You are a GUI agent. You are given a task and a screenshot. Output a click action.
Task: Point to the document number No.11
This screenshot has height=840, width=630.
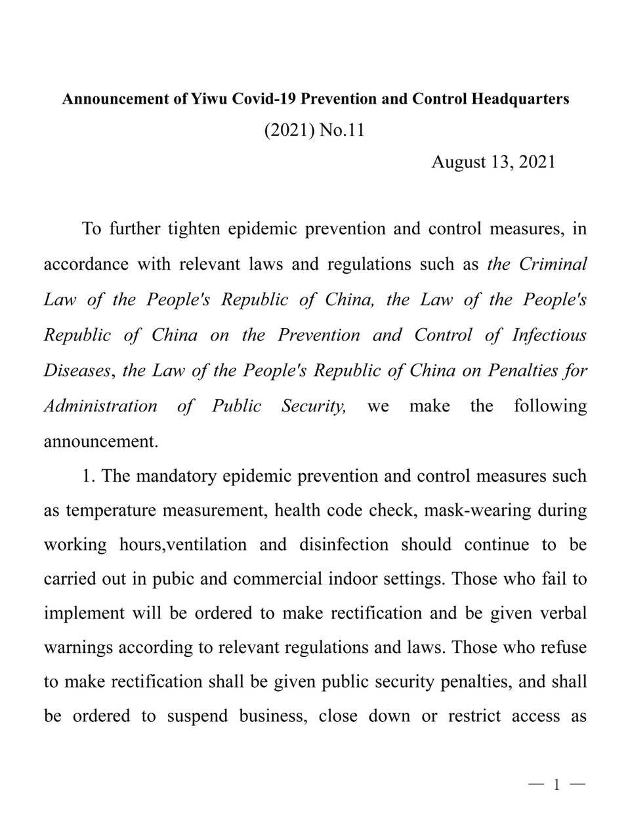click(x=341, y=131)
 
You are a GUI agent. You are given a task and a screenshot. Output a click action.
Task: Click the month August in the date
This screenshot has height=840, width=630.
click(x=457, y=162)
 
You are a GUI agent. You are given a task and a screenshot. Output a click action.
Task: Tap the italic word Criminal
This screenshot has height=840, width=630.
click(x=553, y=264)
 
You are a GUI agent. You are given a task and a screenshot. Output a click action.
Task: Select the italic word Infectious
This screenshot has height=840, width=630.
click(x=549, y=335)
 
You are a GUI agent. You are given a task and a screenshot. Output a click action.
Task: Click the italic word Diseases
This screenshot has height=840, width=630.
click(x=77, y=370)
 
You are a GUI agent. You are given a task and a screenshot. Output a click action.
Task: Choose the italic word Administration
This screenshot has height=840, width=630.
click(x=100, y=406)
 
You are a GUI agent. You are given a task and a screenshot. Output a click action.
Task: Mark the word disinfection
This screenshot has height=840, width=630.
click(x=343, y=545)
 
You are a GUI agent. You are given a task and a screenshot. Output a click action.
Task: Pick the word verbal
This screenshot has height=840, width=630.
click(x=562, y=614)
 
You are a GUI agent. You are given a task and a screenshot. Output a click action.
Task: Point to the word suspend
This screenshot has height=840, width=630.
click(x=197, y=715)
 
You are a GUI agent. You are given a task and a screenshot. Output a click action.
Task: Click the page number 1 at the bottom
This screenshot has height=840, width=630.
click(x=556, y=784)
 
